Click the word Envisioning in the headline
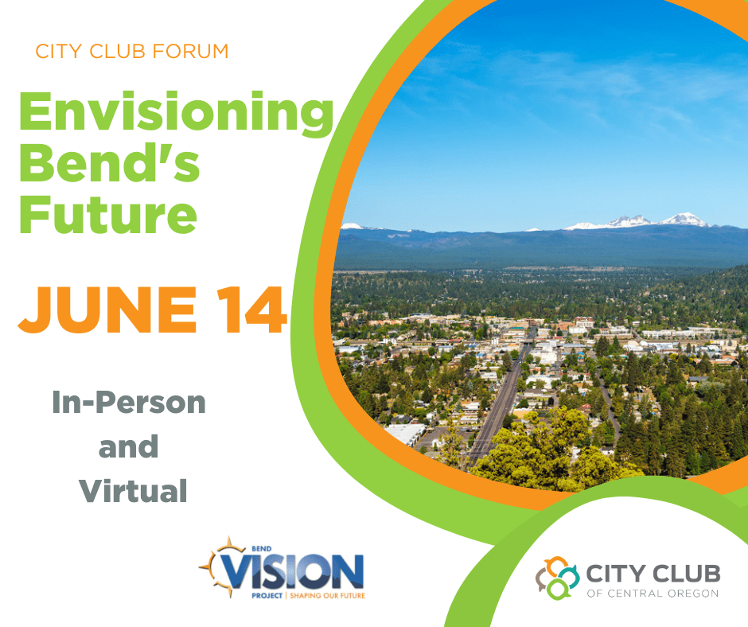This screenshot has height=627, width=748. tap(176, 114)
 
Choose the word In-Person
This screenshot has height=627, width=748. tap(129, 403)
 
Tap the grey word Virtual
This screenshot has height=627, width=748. tap(133, 489)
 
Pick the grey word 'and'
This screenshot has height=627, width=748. tap(129, 446)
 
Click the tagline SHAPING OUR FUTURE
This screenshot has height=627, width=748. tap(327, 594)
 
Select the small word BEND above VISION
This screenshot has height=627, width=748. tap(240, 548)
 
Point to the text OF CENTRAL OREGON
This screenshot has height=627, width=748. tap(652, 593)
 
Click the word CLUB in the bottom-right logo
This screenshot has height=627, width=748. tap(684, 573)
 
